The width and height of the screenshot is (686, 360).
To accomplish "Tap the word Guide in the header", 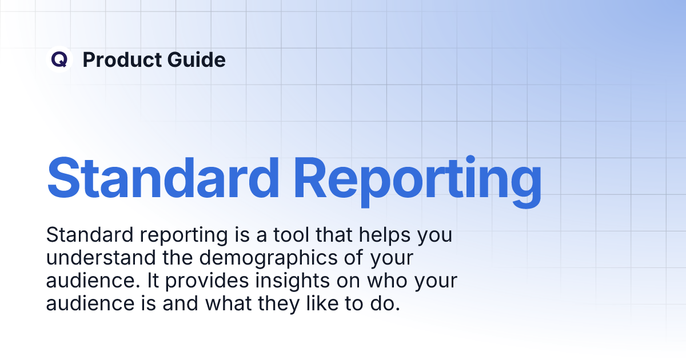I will point(196,59).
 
